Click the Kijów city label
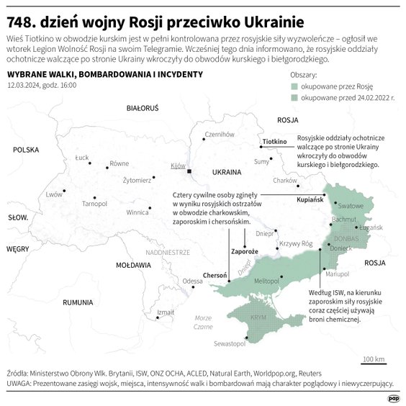(x=178, y=166)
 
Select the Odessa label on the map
(x=192, y=281)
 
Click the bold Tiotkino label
(x=275, y=143)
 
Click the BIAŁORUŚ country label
(x=142, y=108)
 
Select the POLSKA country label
(x=25, y=150)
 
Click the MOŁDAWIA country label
(x=133, y=265)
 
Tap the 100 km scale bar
(x=374, y=360)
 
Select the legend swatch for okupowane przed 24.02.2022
(x=293, y=97)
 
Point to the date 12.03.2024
(x=26, y=86)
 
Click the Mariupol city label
(x=337, y=274)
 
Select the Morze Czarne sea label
(x=203, y=322)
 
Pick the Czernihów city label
(x=220, y=134)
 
